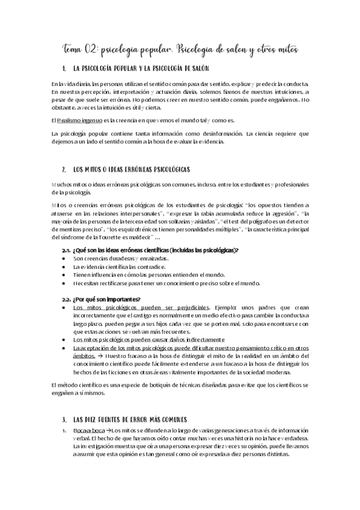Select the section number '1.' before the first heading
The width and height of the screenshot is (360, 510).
[x=64, y=69]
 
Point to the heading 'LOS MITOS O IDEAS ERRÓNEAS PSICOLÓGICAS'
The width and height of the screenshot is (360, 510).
[x=131, y=171]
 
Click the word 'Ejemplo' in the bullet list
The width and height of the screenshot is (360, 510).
[x=226, y=307]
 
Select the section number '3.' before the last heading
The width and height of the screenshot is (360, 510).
[x=64, y=419]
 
